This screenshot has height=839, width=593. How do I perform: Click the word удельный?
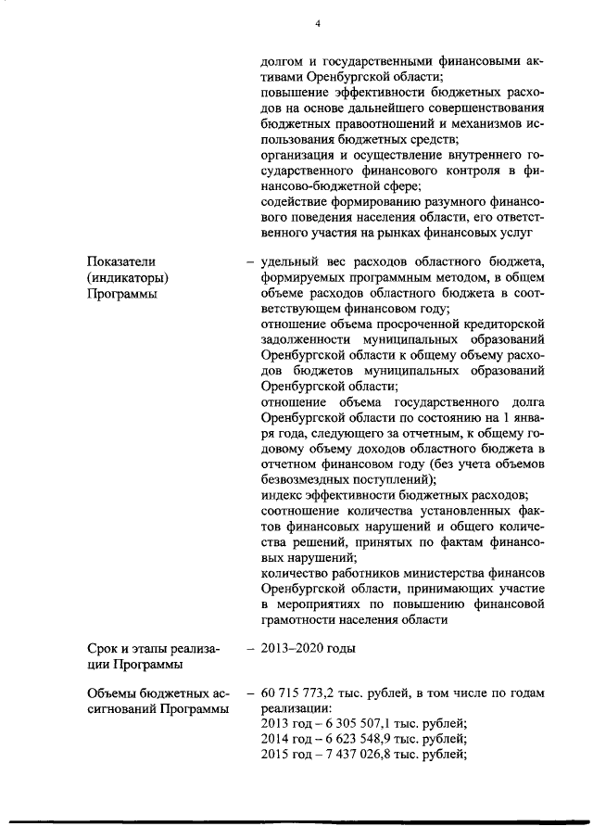coord(291,261)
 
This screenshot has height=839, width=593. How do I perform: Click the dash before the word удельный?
coord(250,261)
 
